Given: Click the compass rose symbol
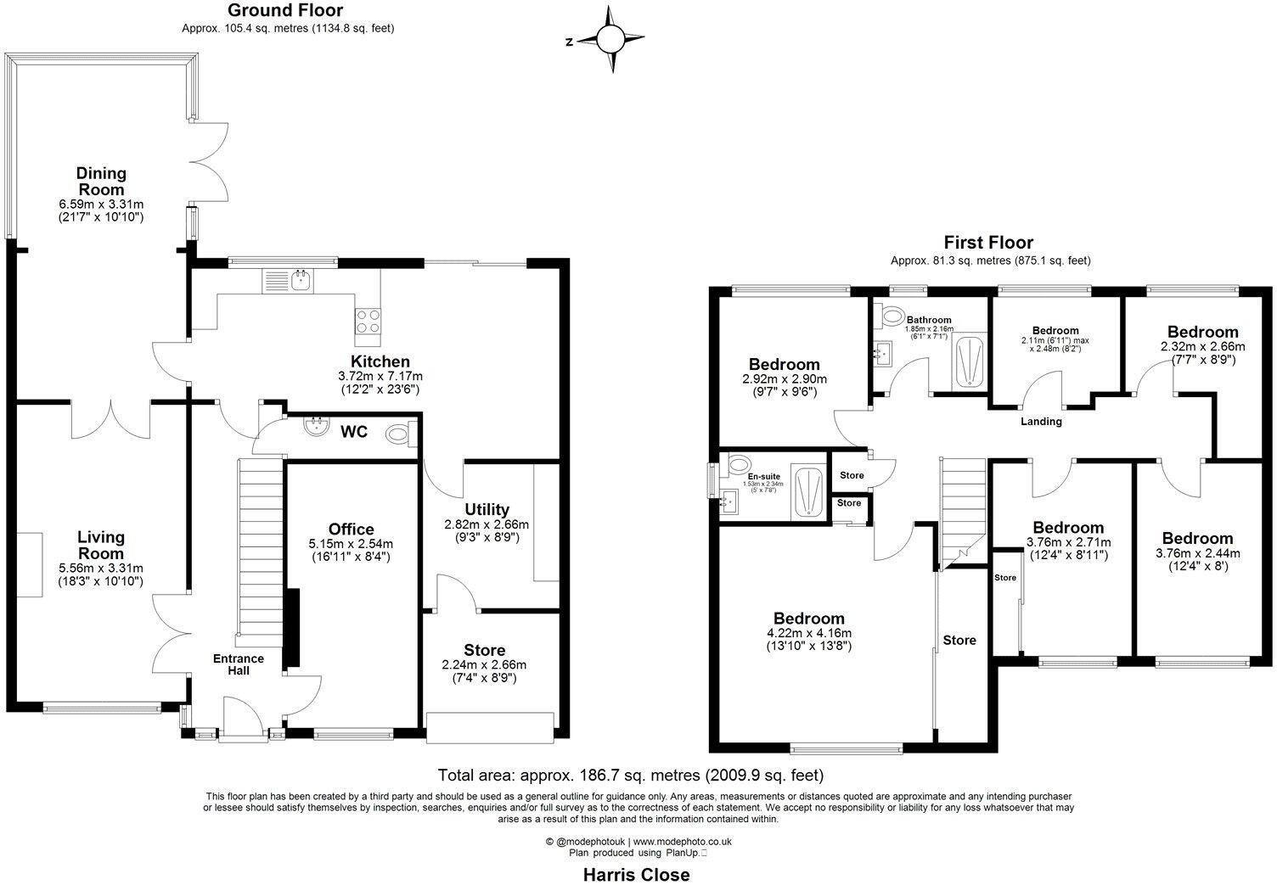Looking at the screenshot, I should pyautogui.click(x=610, y=39).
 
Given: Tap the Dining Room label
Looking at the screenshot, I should pyautogui.click(x=102, y=181).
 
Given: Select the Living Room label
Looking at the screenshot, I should pyautogui.click(x=100, y=545).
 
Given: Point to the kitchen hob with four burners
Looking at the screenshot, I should pyautogui.click(x=367, y=321).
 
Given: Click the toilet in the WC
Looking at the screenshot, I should pyautogui.click(x=398, y=435).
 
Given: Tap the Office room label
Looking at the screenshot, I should pyautogui.click(x=352, y=529).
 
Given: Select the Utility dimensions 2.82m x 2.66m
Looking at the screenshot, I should pyautogui.click(x=487, y=524).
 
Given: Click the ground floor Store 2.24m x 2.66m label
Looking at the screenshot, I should pyautogui.click(x=484, y=651).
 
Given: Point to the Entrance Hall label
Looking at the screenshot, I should pyautogui.click(x=238, y=664).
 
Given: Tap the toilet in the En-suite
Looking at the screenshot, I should pyautogui.click(x=738, y=464).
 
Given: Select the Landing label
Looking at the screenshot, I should pyautogui.click(x=1041, y=421).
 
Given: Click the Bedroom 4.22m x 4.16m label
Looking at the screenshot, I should pyautogui.click(x=808, y=619).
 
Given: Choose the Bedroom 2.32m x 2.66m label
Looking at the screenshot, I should pyautogui.click(x=1202, y=332).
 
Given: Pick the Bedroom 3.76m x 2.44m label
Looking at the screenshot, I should pyautogui.click(x=1197, y=538).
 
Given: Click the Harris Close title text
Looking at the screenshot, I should pyautogui.click(x=636, y=874).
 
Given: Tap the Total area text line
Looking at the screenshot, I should pyautogui.click(x=630, y=775).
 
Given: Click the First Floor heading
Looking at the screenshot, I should pyautogui.click(x=989, y=244).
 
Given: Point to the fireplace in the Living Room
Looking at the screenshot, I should pyautogui.click(x=30, y=564).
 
